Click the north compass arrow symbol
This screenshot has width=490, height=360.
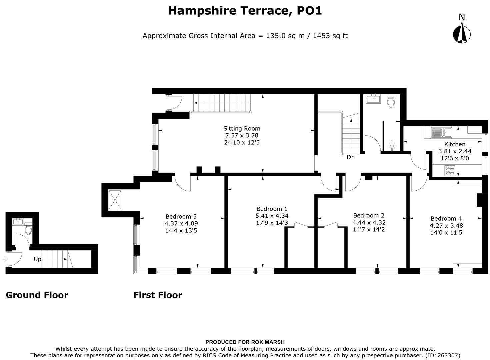[462, 34]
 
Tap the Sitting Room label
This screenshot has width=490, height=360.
[242, 128]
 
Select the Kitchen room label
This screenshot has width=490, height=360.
[455, 144]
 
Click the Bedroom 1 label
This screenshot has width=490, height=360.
[272, 209]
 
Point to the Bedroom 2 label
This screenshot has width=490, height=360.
[369, 215]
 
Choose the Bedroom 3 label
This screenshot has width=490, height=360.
[181, 216]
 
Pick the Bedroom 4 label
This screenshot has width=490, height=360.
[446, 218]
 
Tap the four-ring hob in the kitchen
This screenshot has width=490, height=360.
[449, 171]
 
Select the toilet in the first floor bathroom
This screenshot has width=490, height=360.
[391, 101]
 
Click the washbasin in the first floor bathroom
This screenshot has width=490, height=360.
[373, 99]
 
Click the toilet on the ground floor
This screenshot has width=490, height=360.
[28, 229]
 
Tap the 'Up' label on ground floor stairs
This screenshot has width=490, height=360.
[37, 259]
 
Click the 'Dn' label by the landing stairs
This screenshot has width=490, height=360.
[351, 157]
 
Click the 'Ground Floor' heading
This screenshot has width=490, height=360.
[37, 295]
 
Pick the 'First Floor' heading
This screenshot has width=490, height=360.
[158, 295]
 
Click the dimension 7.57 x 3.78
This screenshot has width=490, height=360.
[242, 135]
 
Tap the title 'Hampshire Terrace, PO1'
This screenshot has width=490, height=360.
[245, 11]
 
